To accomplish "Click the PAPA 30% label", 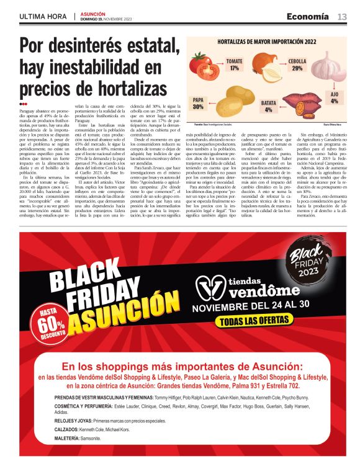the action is pos(199,104).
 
